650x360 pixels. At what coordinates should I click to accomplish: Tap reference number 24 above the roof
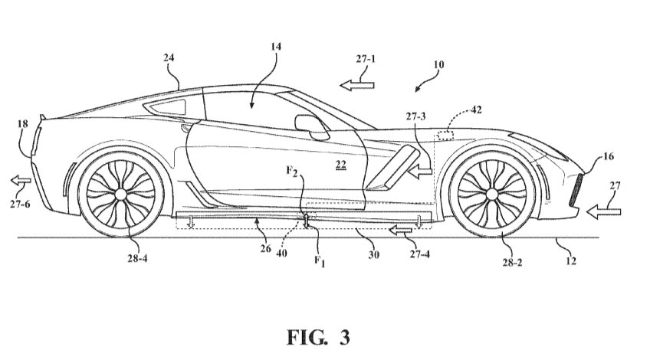pyautogui.click(x=169, y=58)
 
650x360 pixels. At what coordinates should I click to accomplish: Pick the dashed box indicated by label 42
pyautogui.click(x=444, y=136)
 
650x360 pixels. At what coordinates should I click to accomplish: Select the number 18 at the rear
pyautogui.click(x=22, y=124)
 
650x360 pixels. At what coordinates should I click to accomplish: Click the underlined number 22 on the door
pyautogui.click(x=341, y=165)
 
